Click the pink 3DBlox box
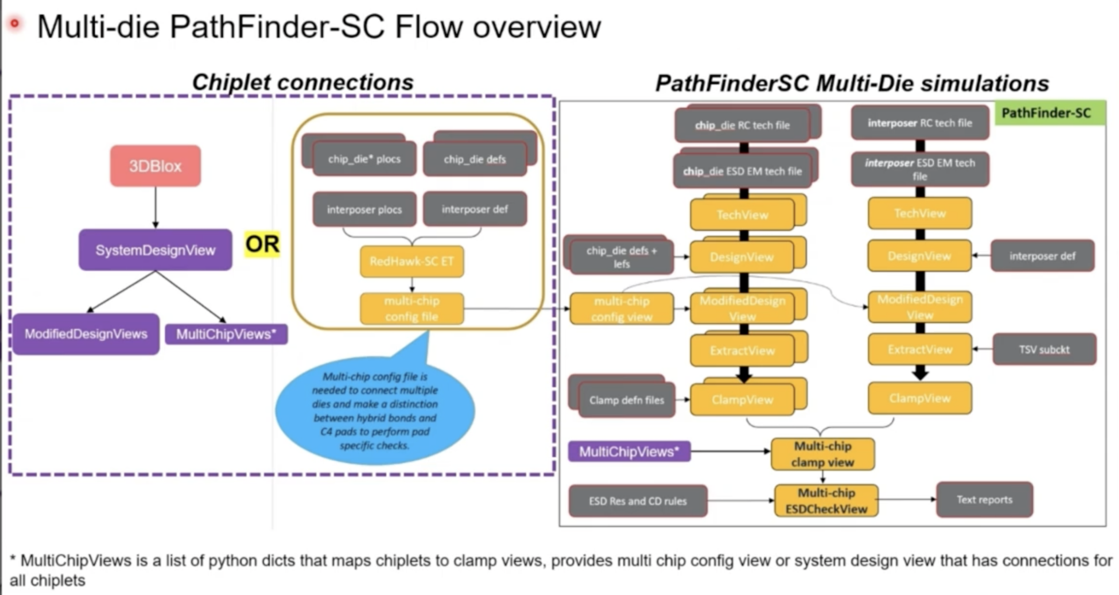click(155, 166)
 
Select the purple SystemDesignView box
click(155, 250)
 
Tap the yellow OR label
click(262, 244)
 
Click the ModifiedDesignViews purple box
click(86, 334)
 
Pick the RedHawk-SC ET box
click(411, 261)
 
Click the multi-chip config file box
click(411, 308)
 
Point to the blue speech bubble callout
click(375, 411)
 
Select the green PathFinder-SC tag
click(1049, 113)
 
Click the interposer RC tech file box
click(920, 123)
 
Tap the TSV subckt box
click(1044, 349)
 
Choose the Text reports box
click(984, 500)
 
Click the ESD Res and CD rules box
click(638, 501)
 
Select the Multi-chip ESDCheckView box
click(826, 501)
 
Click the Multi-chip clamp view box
click(822, 454)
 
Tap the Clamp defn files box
click(626, 400)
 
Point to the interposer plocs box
click(364, 209)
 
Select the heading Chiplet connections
click(302, 82)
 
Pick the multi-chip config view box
click(621, 309)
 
